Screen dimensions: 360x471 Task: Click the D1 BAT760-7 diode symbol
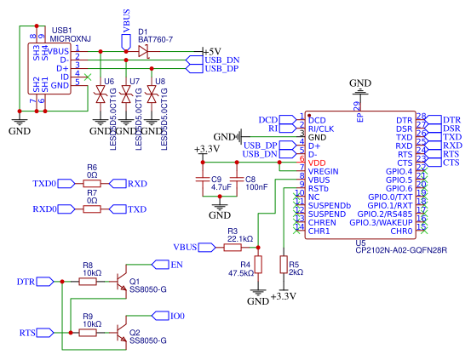[x=142, y=52]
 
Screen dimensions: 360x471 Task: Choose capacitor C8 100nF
[x=237, y=180]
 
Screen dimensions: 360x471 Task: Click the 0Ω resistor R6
[x=92, y=183]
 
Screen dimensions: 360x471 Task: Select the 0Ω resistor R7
[x=92, y=209]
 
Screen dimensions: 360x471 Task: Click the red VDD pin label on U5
[x=317, y=163]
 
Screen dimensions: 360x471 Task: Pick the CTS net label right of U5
[x=451, y=162]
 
